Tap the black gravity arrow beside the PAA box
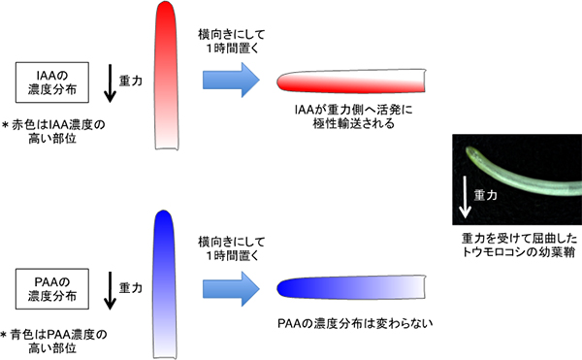[x=109, y=289]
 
